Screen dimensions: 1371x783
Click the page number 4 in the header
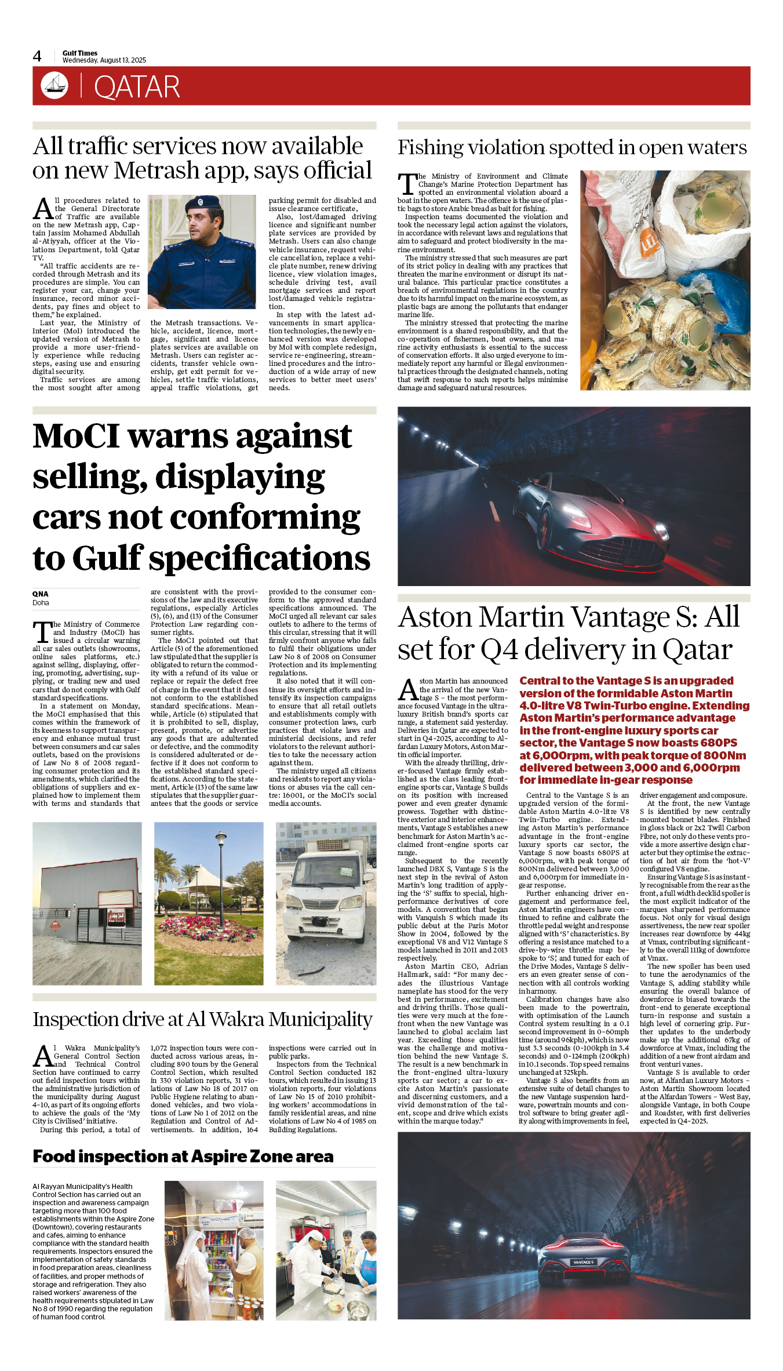[37, 56]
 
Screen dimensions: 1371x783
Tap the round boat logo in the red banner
[54, 86]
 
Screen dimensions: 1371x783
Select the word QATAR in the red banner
[137, 87]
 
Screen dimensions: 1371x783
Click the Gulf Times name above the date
[80, 53]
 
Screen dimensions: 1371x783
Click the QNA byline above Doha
[40, 594]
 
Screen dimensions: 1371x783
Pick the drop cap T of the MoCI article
[42, 631]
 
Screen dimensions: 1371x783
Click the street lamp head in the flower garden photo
[220, 837]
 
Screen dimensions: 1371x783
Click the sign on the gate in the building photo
[116, 916]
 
